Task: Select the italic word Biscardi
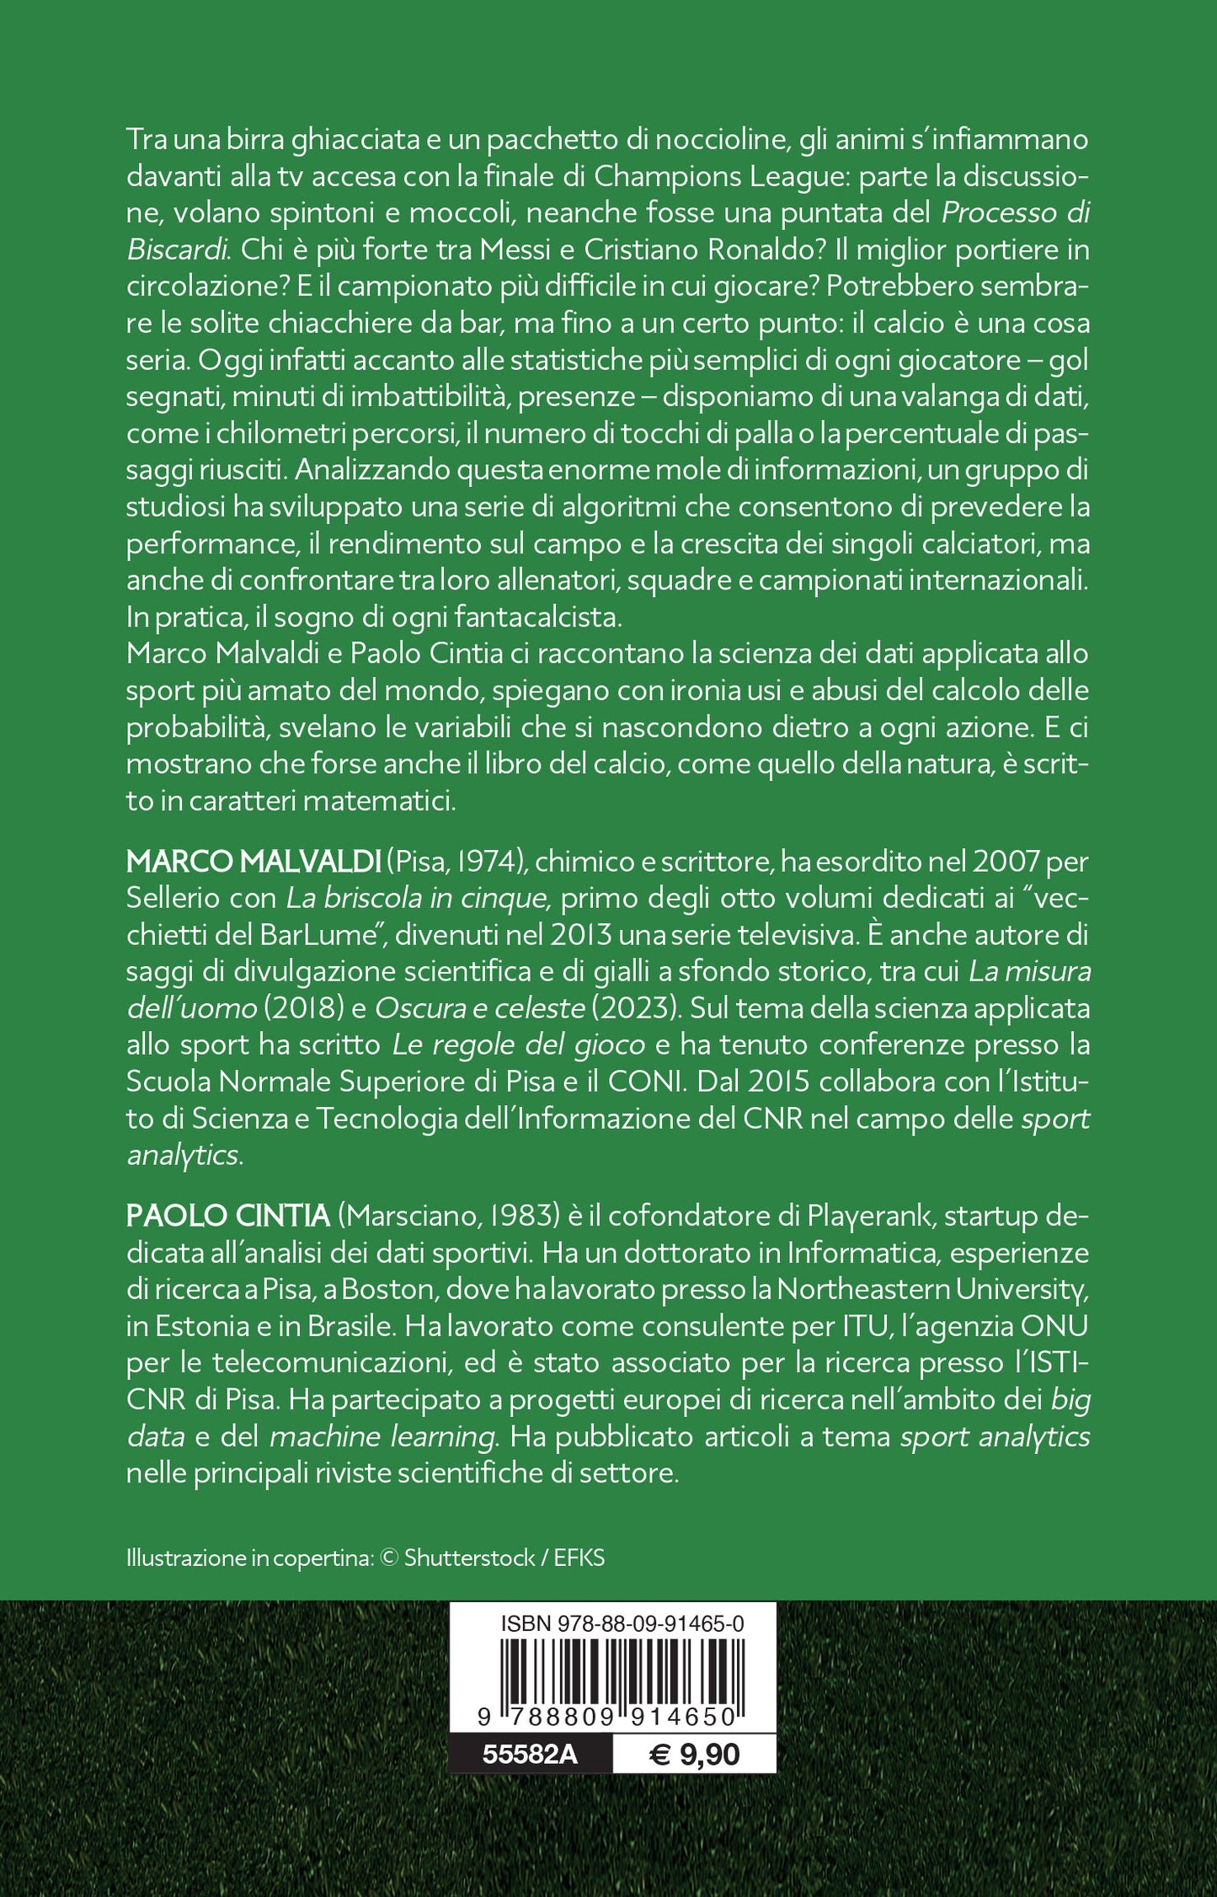point(178,250)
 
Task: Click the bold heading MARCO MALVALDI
point(254,862)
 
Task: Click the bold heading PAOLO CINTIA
point(227,1216)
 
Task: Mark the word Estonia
point(204,1326)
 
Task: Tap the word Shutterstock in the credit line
point(469,1558)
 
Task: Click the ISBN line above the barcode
point(622,1623)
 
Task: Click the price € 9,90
point(694,1755)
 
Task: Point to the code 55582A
point(530,1755)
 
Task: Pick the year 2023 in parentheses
point(643,1008)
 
